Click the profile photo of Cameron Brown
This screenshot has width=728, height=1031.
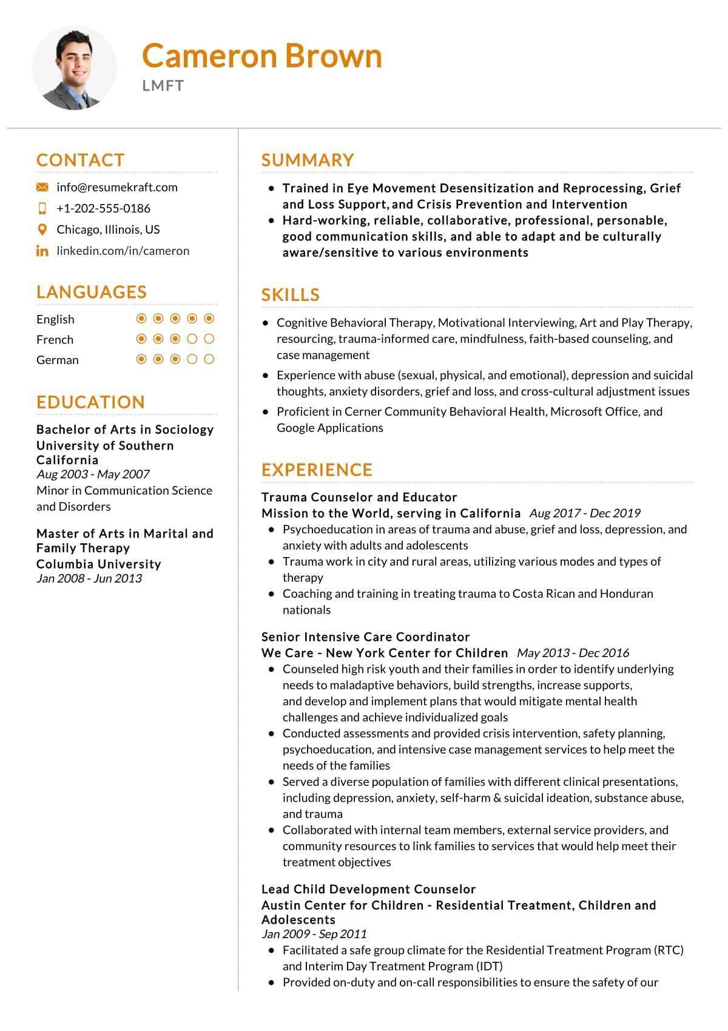74,68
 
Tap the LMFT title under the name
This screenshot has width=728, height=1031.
163,86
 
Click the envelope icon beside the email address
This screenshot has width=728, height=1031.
42,188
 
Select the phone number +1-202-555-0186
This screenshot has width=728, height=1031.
103,208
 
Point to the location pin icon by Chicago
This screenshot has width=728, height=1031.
42,229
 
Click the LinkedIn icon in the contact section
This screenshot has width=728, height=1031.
42,251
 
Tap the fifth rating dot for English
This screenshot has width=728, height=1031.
209,319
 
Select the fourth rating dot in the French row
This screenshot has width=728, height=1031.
192,339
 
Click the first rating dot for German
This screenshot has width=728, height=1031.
141,359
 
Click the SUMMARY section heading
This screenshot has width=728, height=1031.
308,160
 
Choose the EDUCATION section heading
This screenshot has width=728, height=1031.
90,402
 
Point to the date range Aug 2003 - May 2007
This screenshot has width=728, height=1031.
93,474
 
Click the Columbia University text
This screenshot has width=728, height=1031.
98,564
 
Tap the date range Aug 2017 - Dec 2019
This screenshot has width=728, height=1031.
585,513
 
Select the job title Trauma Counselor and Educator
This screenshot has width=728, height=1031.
359,497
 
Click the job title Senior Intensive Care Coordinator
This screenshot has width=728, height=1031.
365,637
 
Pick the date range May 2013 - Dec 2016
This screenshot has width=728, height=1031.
573,653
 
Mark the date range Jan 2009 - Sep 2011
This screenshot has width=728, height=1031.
314,934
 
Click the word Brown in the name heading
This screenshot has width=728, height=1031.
334,56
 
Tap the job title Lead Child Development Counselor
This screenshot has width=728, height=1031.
368,889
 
